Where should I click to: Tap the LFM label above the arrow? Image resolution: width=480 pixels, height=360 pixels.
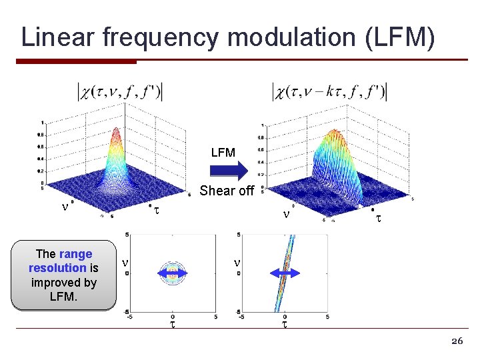(223, 153)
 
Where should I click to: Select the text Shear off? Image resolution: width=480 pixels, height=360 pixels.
(227, 191)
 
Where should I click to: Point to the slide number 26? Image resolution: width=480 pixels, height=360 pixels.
(457, 341)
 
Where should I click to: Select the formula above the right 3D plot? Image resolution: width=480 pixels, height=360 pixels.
(330, 92)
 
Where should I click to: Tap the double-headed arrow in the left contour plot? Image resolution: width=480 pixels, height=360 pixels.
(173, 273)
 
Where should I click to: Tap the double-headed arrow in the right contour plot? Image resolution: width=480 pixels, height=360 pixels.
(285, 273)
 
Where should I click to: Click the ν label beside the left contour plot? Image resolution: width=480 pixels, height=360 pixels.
(125, 264)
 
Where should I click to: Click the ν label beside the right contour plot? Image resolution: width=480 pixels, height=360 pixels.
(236, 264)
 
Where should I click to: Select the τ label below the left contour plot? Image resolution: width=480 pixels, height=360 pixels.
(173, 325)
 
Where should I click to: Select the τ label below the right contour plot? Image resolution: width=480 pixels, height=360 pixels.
(285, 325)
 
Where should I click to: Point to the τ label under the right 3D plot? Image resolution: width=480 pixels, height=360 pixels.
(377, 219)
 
